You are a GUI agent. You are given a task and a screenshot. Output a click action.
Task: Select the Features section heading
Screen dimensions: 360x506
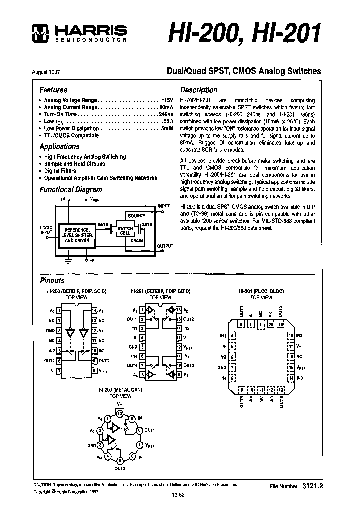[x=53, y=90]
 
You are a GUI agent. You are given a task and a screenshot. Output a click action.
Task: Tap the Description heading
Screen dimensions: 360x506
[x=198, y=90]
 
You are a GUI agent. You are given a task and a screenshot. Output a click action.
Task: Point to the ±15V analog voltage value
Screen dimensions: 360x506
[x=166, y=100]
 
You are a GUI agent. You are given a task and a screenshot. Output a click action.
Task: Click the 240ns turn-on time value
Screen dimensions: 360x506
[x=163, y=114]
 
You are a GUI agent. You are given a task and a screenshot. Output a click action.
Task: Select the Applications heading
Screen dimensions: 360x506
[x=59, y=147]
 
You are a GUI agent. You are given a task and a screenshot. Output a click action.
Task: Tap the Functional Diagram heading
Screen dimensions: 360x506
[x=70, y=189]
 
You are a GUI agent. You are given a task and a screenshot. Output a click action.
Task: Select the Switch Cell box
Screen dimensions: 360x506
[x=125, y=231]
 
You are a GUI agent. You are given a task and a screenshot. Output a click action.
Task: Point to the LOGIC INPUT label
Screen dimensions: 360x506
[x=46, y=230]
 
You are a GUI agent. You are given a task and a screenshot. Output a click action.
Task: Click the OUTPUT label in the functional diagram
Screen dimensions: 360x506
[x=165, y=246]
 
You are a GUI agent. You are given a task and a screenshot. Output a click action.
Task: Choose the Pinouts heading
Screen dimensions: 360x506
[x=52, y=281]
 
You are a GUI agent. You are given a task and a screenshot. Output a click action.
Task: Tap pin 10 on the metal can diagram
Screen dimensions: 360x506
[x=119, y=413]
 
